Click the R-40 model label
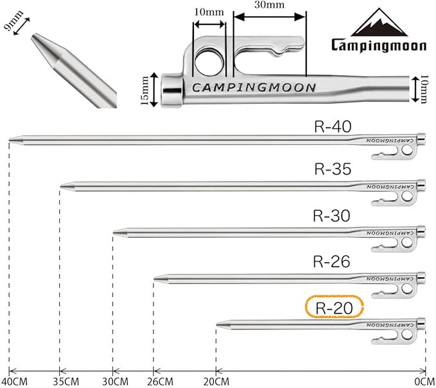333,126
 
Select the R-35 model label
333,169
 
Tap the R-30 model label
332,215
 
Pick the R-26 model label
332,262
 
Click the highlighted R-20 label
335,308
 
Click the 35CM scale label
66,382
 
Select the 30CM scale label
115,382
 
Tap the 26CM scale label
160,382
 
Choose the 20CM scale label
216,382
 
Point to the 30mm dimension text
270,4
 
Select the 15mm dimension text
144,90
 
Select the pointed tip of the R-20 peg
216,325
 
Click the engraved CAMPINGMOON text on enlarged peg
254,88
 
